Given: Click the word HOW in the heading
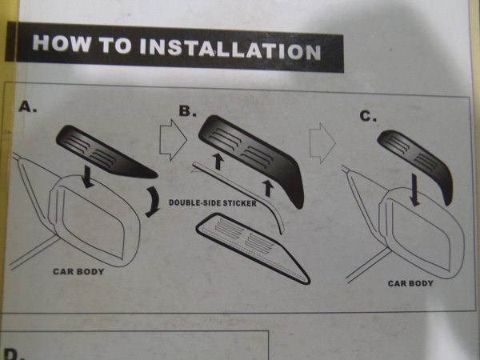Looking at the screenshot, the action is (x=62, y=43).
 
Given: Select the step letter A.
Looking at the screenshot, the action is (x=27, y=106).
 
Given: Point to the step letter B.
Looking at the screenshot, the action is (x=188, y=111).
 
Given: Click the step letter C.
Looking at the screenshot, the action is (x=368, y=116).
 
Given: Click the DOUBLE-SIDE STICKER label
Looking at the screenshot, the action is (x=213, y=202).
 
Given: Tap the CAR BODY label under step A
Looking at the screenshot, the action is (x=78, y=271).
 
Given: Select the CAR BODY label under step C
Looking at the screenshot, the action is (x=410, y=283).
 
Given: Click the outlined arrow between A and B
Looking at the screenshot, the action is (x=173, y=140).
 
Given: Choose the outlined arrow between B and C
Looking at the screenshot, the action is (x=322, y=143).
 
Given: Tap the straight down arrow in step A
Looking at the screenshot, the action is (x=88, y=177).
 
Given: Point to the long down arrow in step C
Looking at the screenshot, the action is (x=414, y=190).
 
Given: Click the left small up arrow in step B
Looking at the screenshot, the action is (x=218, y=162).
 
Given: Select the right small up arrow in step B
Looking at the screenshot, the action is (x=268, y=188).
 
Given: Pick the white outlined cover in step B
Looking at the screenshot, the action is (x=252, y=249).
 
